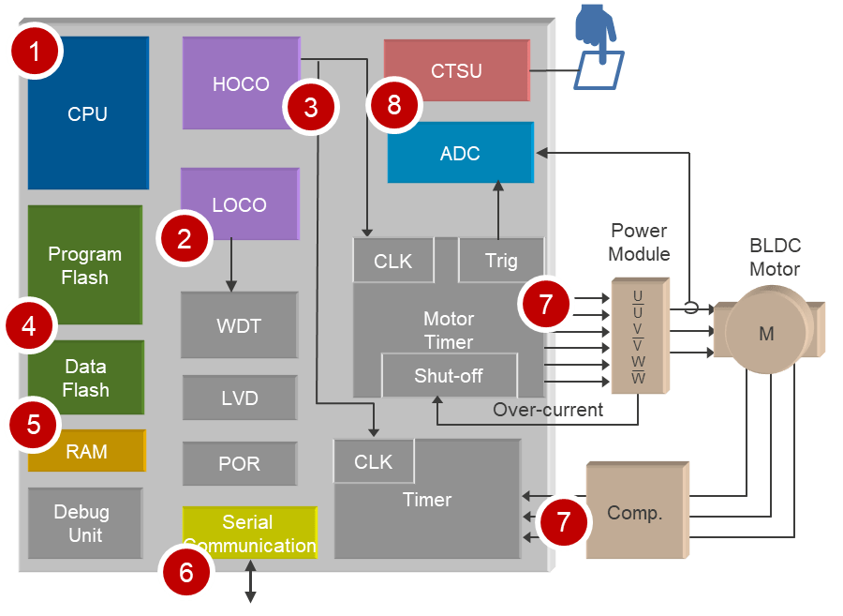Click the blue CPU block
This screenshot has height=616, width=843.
pyautogui.click(x=88, y=114)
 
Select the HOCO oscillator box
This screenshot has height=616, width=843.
pyautogui.click(x=240, y=83)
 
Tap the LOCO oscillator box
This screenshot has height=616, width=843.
pyautogui.click(x=240, y=204)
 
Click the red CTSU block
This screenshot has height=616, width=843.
pyautogui.click(x=456, y=70)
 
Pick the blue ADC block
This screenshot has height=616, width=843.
pyautogui.click(x=460, y=153)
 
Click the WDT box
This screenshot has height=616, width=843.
pyautogui.click(x=239, y=325)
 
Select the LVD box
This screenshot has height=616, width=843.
pyautogui.click(x=239, y=398)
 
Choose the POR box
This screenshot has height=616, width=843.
pyautogui.click(x=239, y=464)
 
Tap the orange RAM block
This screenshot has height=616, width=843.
pyautogui.click(x=86, y=452)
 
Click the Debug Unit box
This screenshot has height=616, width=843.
pyautogui.click(x=81, y=523)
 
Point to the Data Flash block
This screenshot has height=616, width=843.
pyautogui.click(x=86, y=377)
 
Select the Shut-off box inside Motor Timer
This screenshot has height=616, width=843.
pyautogui.click(x=449, y=376)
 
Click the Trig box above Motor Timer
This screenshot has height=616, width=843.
pyautogui.click(x=501, y=261)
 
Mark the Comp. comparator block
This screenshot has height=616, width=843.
pyautogui.click(x=635, y=513)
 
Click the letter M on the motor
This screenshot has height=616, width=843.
pyautogui.click(x=766, y=334)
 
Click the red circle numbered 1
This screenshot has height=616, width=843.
pyautogui.click(x=36, y=52)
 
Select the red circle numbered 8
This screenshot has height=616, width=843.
pyautogui.click(x=393, y=104)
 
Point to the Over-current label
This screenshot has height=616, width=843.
pyautogui.click(x=548, y=410)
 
